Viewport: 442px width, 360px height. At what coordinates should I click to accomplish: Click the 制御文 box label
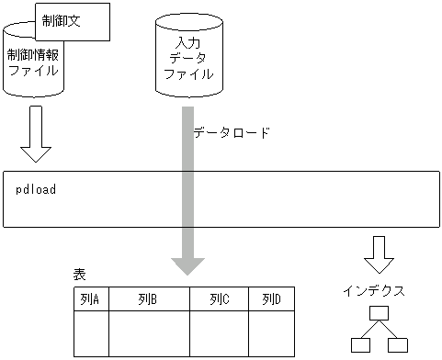[x=62, y=19]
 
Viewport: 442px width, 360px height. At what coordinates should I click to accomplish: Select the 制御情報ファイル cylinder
[x=33, y=65]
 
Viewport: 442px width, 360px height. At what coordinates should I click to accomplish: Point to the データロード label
[x=232, y=132]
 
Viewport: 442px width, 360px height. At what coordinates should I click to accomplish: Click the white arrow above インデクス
[x=379, y=254]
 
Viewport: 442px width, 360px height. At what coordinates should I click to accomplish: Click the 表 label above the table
[x=79, y=276]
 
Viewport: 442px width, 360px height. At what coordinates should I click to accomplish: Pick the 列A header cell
[x=91, y=299]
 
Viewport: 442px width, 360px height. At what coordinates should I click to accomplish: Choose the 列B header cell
[x=149, y=299]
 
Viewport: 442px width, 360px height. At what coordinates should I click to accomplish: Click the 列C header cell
[x=220, y=299]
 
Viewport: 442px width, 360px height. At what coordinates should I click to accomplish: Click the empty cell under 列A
[x=91, y=332]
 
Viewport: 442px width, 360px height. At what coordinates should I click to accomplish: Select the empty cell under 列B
[x=149, y=332]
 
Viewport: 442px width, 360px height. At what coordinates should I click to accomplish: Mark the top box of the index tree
[x=379, y=314]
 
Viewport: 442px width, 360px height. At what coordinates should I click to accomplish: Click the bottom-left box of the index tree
[x=360, y=344]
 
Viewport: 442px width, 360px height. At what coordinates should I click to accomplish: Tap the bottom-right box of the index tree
[x=397, y=344]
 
